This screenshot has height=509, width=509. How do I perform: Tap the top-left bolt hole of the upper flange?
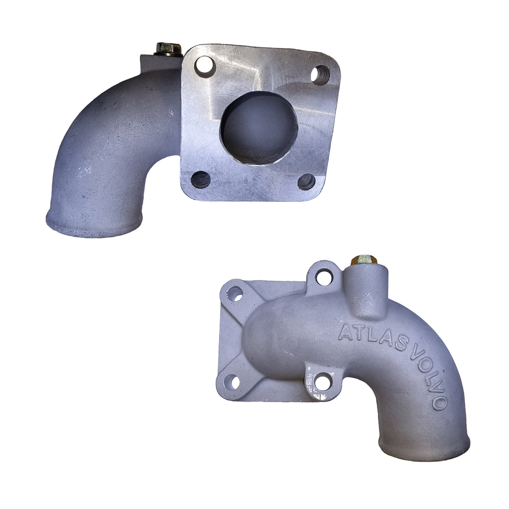205,65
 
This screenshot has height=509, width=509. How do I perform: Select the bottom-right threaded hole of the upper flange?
306,181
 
